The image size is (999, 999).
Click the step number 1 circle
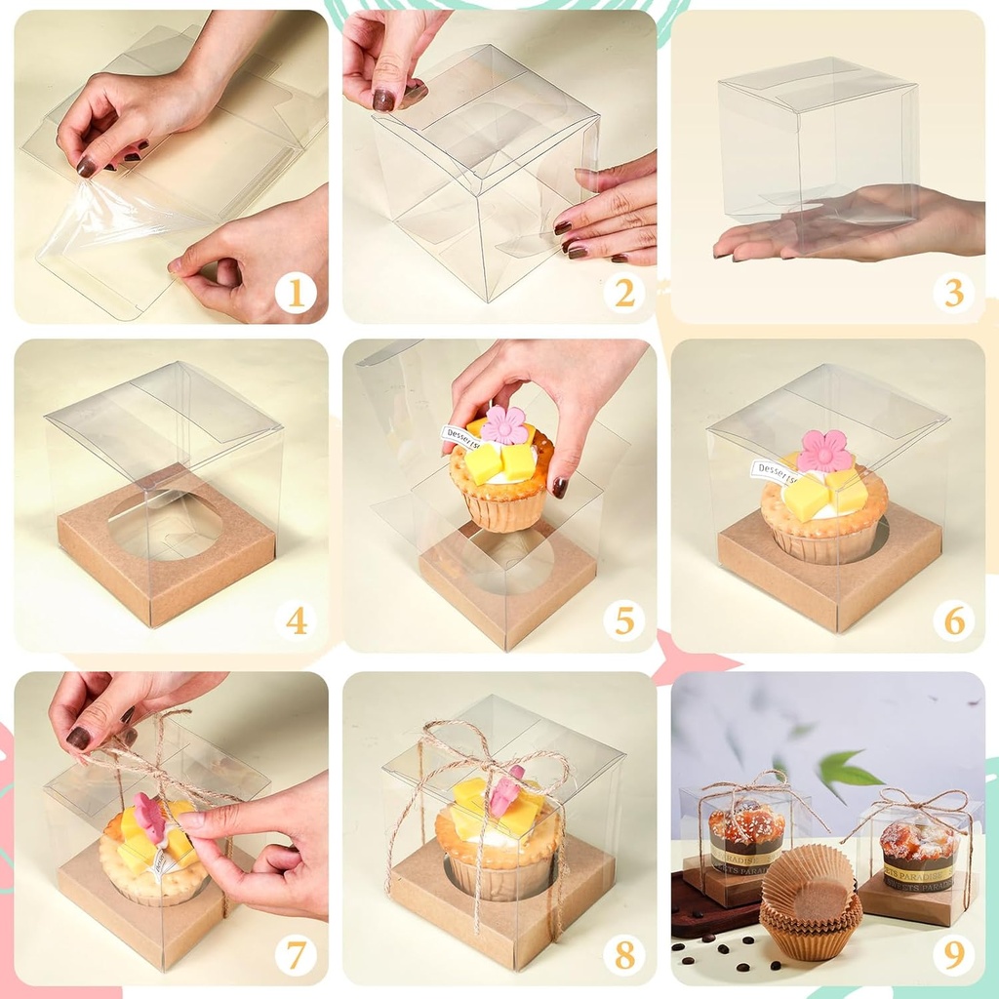tap(295, 292)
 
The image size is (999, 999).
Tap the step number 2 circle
tap(623, 292)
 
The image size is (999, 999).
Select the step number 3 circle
tap(953, 292)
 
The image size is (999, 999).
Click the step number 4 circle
tap(295, 620)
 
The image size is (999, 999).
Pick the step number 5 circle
tap(623, 620)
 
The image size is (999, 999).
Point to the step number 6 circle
tap(953, 620)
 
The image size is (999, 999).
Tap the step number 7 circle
tap(295, 954)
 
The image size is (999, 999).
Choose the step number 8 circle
tap(623, 954)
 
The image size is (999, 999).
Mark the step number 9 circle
tap(953, 954)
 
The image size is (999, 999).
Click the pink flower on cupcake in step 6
tap(824, 451)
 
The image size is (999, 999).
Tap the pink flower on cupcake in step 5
tap(504, 424)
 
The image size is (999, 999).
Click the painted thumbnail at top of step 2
tap(384, 99)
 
